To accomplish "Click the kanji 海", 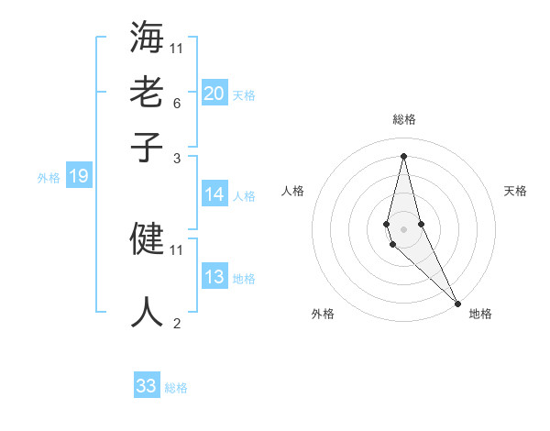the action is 148,39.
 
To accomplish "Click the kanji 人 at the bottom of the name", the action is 148,310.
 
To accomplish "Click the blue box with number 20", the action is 214,93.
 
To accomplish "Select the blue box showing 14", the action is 214,194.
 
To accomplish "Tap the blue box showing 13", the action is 214,277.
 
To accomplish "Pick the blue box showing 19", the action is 78,176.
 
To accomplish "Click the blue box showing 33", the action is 146,386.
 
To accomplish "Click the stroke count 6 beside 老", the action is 176,104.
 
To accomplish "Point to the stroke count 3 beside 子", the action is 176,159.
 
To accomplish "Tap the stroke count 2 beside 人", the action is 176,323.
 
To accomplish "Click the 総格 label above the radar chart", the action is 404,119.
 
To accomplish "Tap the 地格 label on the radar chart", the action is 480,314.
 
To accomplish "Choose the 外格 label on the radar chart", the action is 323,314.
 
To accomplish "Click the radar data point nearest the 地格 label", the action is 457,304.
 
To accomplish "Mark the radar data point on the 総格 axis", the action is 403,155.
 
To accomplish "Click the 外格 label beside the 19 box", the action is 48,178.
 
